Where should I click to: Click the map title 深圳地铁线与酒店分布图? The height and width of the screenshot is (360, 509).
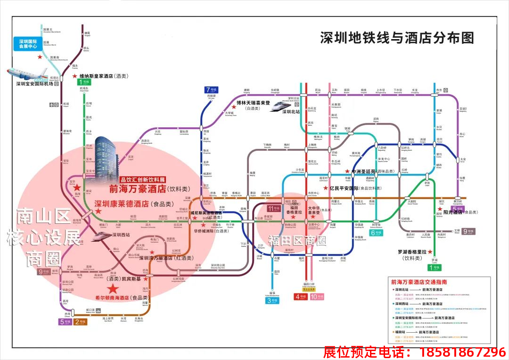pyautogui.click(x=397, y=38)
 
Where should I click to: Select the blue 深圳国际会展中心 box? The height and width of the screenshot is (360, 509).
pyautogui.click(x=28, y=44)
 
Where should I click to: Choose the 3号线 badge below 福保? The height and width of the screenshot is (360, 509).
pyautogui.click(x=272, y=300)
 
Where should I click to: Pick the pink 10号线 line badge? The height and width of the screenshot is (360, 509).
pyautogui.click(x=317, y=297)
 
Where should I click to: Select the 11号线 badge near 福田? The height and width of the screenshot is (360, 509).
pyautogui.click(x=274, y=208)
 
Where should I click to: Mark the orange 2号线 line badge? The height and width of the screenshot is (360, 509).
pyautogui.click(x=81, y=322)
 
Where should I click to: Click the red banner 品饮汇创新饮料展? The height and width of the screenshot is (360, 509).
pyautogui.click(x=142, y=180)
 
